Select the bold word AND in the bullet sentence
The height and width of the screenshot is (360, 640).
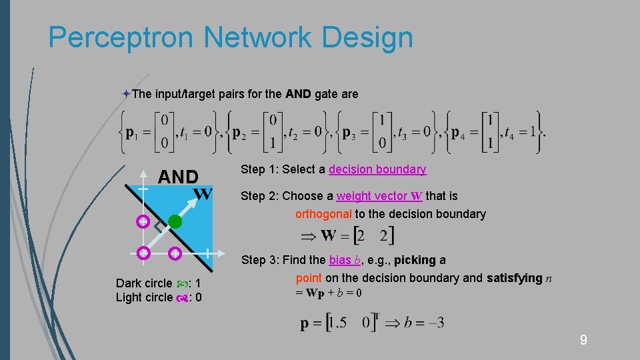298,94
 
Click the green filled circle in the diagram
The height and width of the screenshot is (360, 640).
175,221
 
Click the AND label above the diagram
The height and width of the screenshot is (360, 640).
178,177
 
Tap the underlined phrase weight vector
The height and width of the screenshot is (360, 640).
373,196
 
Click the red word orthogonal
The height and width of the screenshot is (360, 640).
323,214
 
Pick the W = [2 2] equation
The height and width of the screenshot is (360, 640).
347,235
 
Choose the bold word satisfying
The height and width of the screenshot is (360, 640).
514,278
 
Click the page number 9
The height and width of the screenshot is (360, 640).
583,341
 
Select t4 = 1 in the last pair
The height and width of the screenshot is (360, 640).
520,132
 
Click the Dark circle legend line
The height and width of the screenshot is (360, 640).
159,283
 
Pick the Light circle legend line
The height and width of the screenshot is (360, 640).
159,297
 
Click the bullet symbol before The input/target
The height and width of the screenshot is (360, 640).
126,94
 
